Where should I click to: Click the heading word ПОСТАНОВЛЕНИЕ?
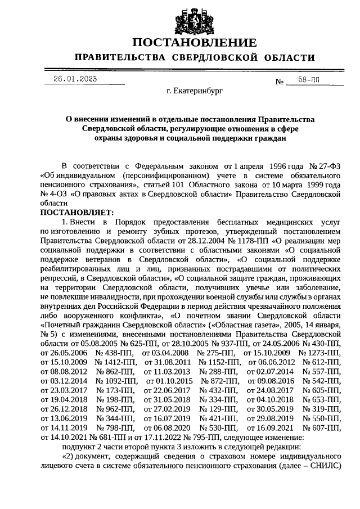coord(195,43)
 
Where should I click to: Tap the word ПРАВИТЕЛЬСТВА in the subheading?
coord(119,58)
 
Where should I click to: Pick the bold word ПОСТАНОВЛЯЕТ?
coord(77,213)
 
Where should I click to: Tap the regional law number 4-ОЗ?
coord(53,194)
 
